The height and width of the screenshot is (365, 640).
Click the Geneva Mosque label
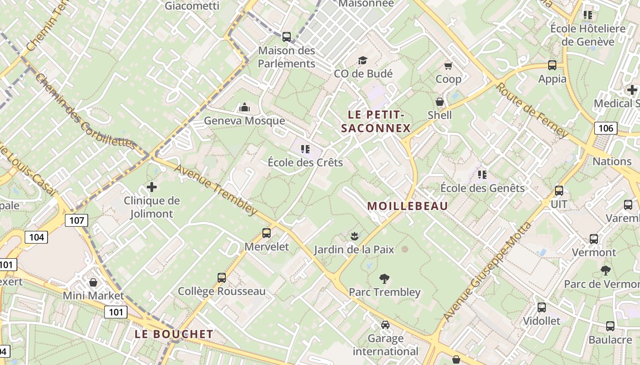point(244,121)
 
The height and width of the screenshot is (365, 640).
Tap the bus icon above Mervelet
point(267,233)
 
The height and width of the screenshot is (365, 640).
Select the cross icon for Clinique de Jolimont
point(152,187)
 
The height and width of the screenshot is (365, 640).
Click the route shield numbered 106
point(606,128)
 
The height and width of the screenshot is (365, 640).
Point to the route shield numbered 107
point(76,221)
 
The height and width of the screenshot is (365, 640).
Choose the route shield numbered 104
point(36,237)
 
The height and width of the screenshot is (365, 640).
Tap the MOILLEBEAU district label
point(408,206)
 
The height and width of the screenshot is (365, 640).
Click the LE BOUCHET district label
point(174,334)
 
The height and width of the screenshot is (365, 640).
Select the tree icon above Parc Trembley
point(384,278)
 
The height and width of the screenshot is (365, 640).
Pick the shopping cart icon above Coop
point(448,66)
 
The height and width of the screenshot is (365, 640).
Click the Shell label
point(440,115)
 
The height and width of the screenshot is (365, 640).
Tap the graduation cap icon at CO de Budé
point(363,60)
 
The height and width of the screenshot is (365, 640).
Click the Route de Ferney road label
point(532,110)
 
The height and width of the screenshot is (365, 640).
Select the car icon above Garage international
point(385,325)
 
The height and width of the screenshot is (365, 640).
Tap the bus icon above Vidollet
point(542,308)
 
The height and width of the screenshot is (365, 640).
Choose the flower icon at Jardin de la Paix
point(353,236)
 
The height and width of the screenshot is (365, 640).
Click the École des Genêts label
point(482,188)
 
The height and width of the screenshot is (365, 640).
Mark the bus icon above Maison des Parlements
point(287,37)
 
